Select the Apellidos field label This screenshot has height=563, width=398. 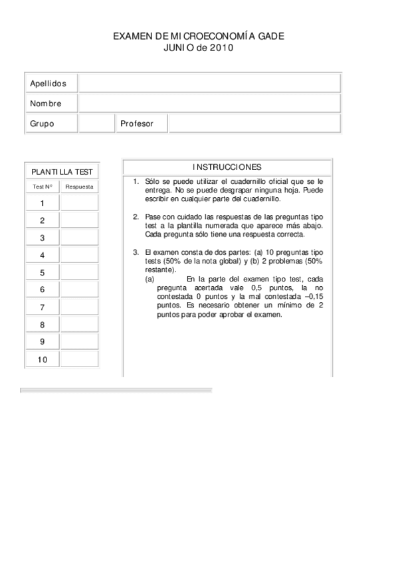[x=48, y=84]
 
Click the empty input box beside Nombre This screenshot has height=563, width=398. [x=209, y=104]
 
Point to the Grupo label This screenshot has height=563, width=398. [x=42, y=123]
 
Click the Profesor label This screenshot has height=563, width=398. [x=137, y=123]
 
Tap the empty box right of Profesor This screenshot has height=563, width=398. [x=254, y=123]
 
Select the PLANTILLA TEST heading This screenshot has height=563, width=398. [x=62, y=172]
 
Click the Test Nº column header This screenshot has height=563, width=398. [x=43, y=187]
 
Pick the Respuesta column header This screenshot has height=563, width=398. [x=80, y=187]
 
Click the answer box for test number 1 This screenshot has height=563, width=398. [x=80, y=203]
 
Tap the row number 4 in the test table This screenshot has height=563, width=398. [x=43, y=256]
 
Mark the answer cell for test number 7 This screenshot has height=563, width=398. [x=80, y=307]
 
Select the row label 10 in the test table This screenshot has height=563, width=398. [x=43, y=359]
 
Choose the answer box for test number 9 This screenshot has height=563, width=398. [x=80, y=342]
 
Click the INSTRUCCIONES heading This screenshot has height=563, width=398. [x=227, y=167]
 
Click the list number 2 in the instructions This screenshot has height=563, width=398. [x=136, y=216]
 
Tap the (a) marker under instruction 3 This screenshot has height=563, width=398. [x=150, y=280]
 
